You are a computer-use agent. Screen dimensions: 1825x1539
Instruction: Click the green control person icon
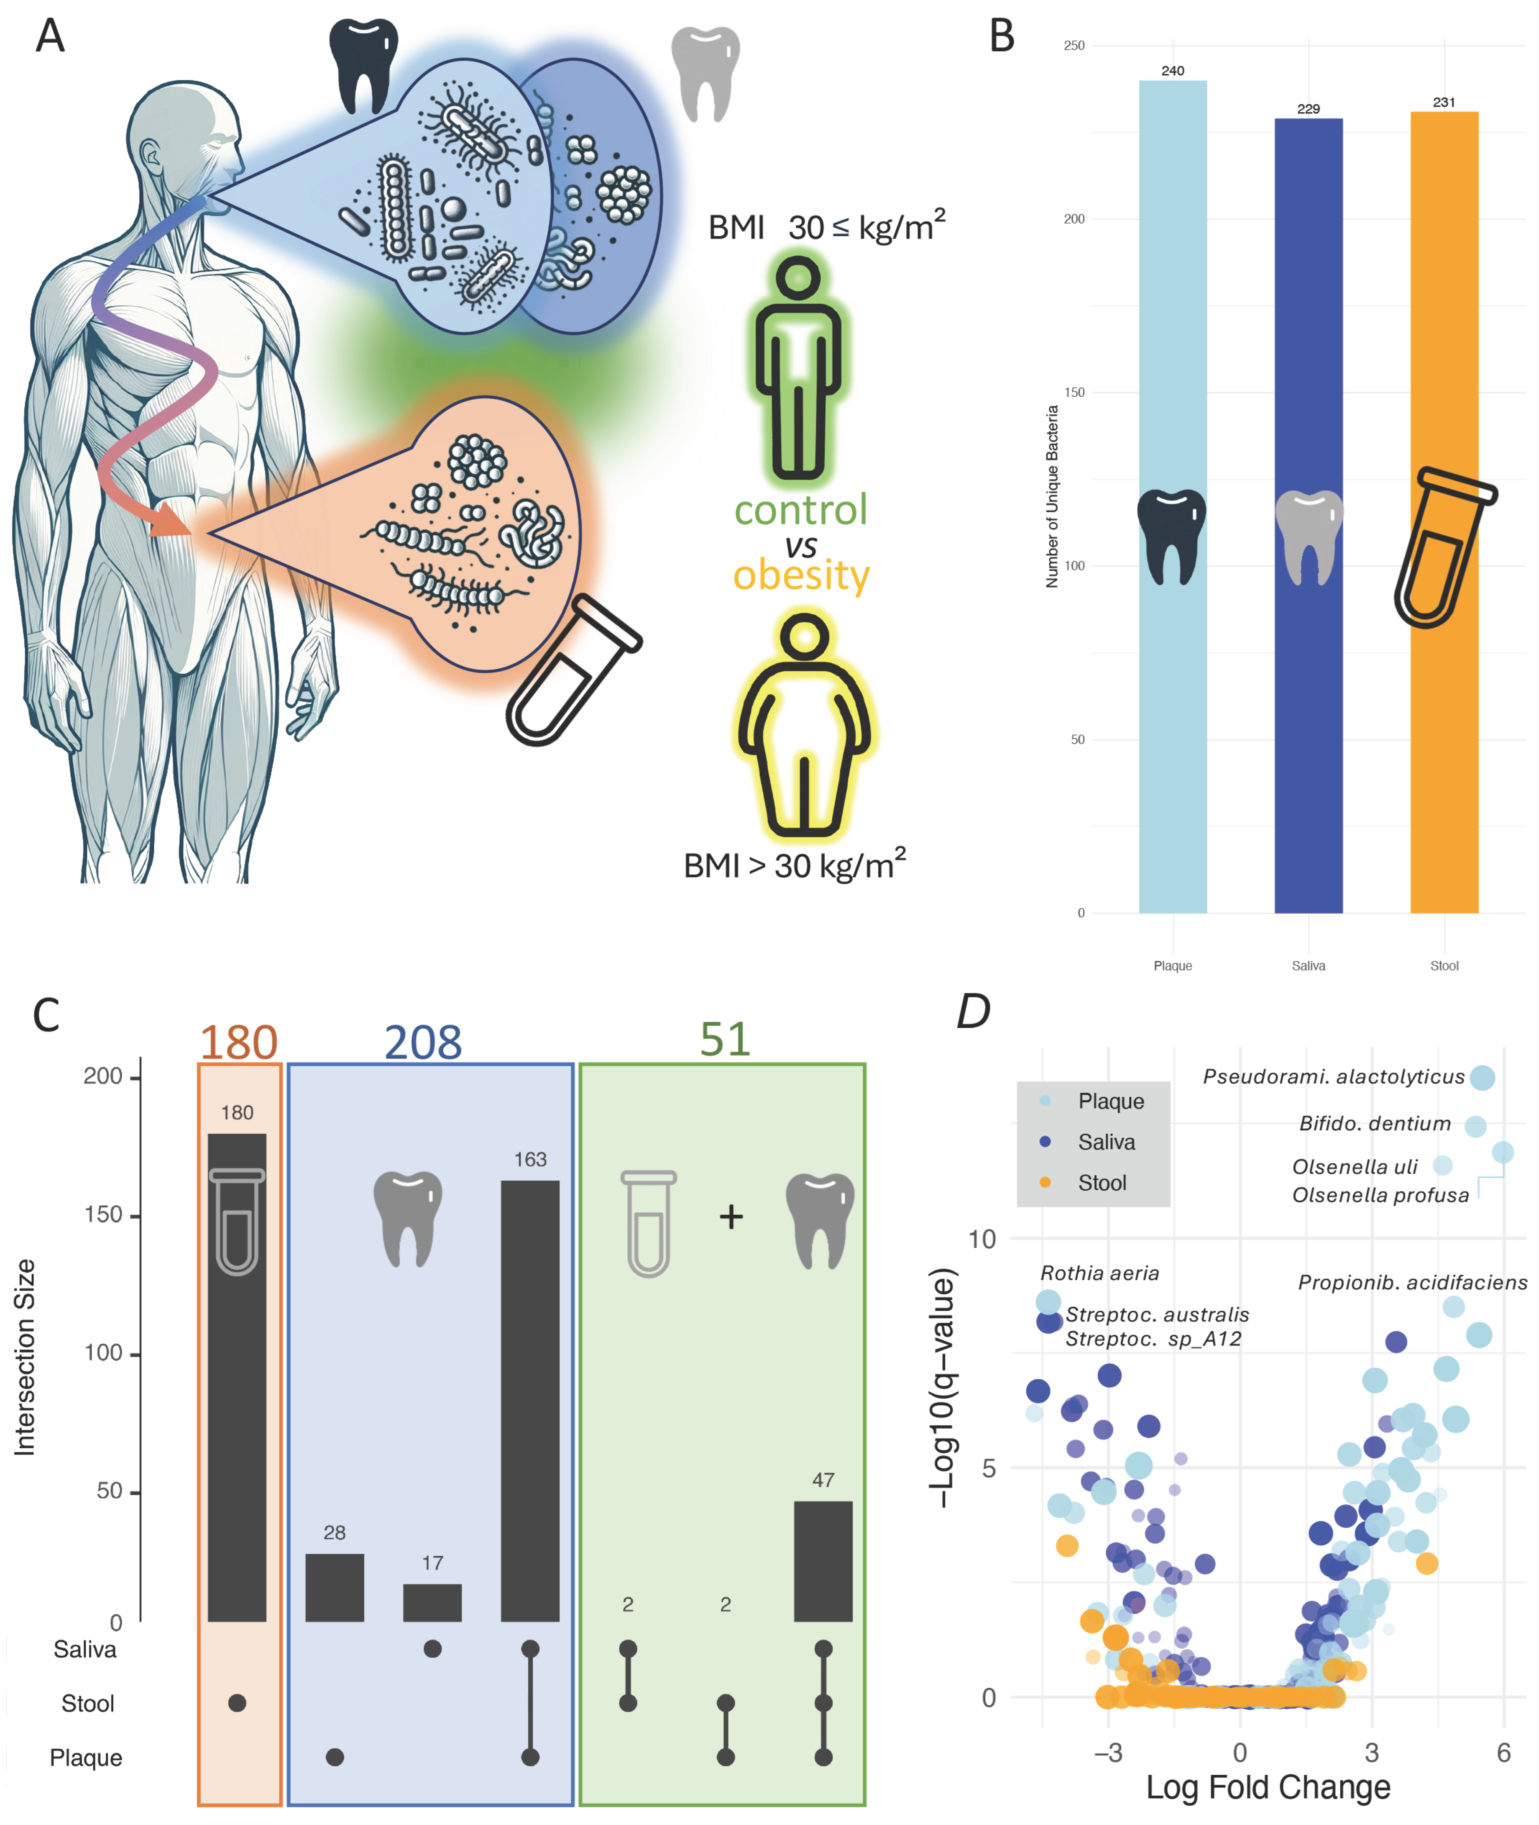click(798, 367)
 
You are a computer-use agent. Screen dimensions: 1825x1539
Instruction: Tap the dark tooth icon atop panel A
click(363, 65)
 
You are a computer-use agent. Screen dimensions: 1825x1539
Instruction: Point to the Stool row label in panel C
click(87, 1703)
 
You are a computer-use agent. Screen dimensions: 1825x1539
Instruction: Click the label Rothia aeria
click(1099, 1273)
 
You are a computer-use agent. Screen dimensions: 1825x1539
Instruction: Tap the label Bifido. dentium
click(1374, 1123)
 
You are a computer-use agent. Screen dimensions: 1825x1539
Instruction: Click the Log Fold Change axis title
click(1268, 1786)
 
